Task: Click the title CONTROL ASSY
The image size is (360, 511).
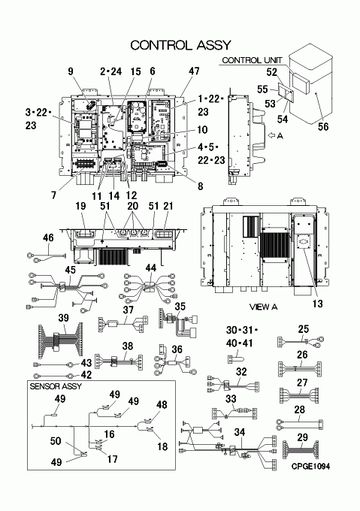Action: coord(180,45)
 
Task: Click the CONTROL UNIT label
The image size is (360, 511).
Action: coord(252,60)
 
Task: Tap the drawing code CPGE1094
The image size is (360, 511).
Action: coord(310,467)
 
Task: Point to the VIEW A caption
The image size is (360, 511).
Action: coord(263,307)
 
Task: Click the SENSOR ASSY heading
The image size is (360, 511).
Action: coord(56,386)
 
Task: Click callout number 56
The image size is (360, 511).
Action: coord(323,126)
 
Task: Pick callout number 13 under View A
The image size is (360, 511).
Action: coord(317,304)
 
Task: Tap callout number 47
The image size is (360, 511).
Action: coord(194,71)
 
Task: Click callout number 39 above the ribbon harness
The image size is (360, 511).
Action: coord(64,318)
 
